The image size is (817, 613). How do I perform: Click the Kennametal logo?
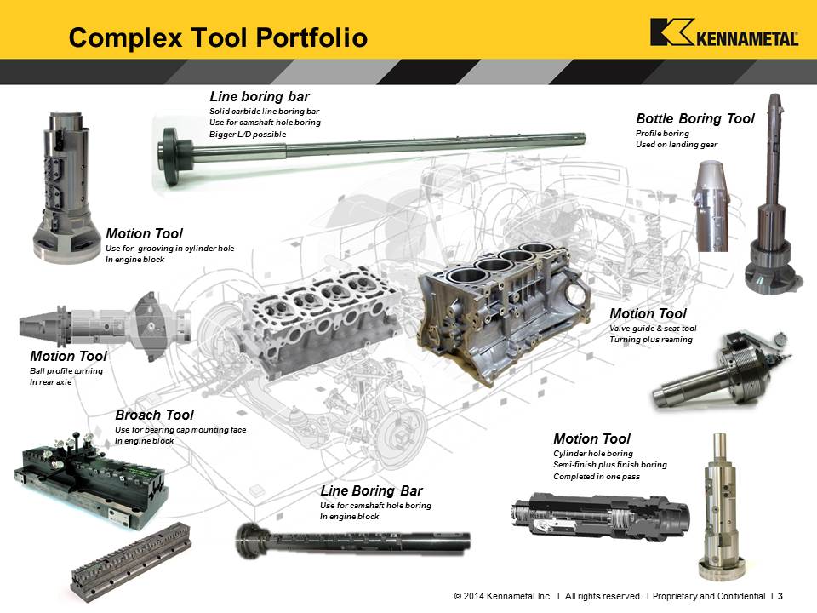click(723, 32)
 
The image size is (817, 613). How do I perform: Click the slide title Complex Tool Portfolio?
click(218, 37)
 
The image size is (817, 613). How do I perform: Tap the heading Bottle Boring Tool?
click(695, 119)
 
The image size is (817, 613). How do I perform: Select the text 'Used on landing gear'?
click(677, 145)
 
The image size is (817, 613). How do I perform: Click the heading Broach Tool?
click(154, 415)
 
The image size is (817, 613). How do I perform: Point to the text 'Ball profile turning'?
click(66, 370)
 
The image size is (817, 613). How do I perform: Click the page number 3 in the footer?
click(780, 596)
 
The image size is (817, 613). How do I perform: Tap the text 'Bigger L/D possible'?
click(248, 134)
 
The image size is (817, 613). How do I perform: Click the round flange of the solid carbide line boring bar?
click(171, 157)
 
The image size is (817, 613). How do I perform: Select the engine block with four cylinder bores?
click(503, 312)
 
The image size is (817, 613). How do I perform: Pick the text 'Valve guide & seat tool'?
click(653, 329)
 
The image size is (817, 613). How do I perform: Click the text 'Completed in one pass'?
click(597, 477)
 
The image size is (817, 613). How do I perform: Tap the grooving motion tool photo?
click(65, 187)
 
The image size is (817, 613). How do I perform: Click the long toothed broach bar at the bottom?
click(131, 563)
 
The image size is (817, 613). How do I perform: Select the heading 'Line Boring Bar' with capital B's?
click(371, 490)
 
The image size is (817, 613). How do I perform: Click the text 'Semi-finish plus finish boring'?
click(610, 465)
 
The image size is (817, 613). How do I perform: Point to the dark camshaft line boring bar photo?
click(352, 541)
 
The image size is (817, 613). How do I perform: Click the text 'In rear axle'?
click(50, 382)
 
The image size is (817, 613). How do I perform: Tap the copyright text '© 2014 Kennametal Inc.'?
click(503, 596)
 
